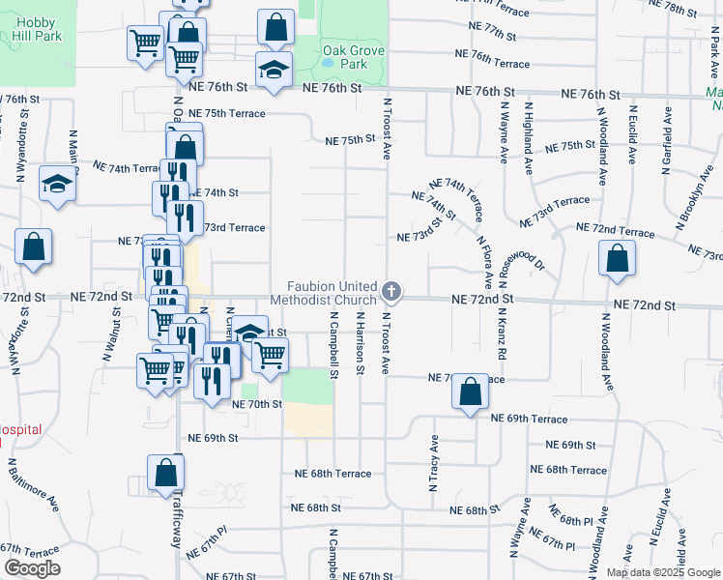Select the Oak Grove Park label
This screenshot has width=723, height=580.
click(x=346, y=55)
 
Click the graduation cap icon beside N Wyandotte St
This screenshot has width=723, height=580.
click(x=57, y=184)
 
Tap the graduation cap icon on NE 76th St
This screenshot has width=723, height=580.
click(x=274, y=69)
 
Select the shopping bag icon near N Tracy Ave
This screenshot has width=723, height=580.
click(x=470, y=391)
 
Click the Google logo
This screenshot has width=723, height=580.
click(x=33, y=568)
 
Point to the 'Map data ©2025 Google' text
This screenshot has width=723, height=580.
click(x=662, y=572)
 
